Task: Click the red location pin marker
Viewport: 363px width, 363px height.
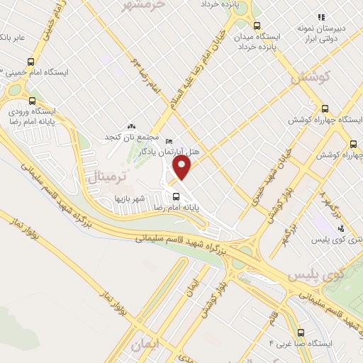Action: coord(183,168)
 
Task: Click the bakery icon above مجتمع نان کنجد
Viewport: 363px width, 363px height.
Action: coord(130,125)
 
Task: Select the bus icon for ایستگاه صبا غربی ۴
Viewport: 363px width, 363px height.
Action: coord(301,333)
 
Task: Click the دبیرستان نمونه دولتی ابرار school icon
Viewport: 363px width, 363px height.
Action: coord(320,16)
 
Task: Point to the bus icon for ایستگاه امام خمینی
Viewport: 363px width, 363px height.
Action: coord(30,61)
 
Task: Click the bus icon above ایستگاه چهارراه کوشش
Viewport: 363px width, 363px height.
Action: coord(325,108)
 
